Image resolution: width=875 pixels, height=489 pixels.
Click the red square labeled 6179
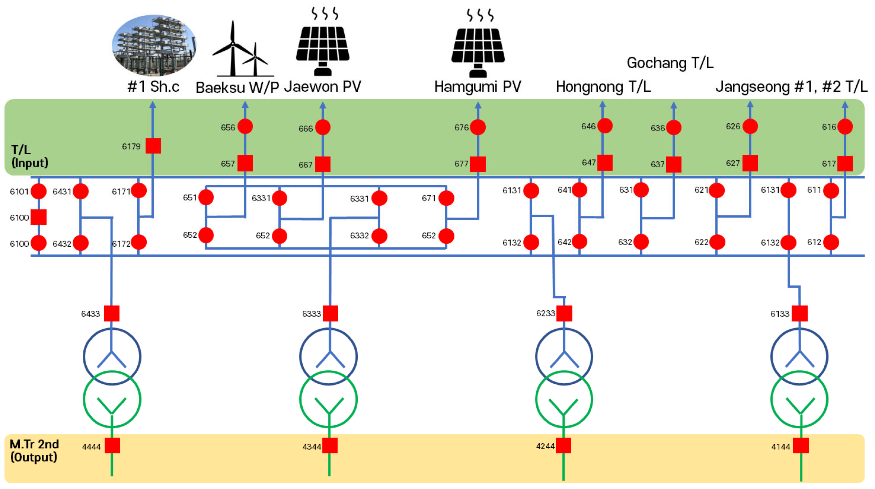pos(153,146)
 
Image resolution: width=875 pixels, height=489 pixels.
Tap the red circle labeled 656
pos(245,127)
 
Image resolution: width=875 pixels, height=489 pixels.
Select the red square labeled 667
pos(323,164)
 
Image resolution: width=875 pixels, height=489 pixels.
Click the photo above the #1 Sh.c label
pos(154,45)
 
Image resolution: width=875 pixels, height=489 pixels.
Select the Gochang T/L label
pos(670,63)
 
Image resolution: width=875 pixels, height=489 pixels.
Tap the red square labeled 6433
pos(112,314)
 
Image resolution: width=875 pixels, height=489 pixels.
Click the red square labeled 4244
pos(564,446)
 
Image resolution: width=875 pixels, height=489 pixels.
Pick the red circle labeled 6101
pos(38,191)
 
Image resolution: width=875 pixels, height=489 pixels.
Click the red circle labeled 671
pos(446,198)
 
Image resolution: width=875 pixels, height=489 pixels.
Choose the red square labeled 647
pos(605,163)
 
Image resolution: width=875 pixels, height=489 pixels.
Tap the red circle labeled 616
pos(845,127)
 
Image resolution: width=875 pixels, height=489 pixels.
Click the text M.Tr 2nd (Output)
pos(34,451)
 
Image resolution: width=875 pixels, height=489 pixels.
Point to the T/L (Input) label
pos(29,156)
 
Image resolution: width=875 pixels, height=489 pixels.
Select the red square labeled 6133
pos(800,314)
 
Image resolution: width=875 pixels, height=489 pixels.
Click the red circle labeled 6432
pos(81,243)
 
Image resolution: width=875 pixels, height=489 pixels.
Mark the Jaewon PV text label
pos(323,87)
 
